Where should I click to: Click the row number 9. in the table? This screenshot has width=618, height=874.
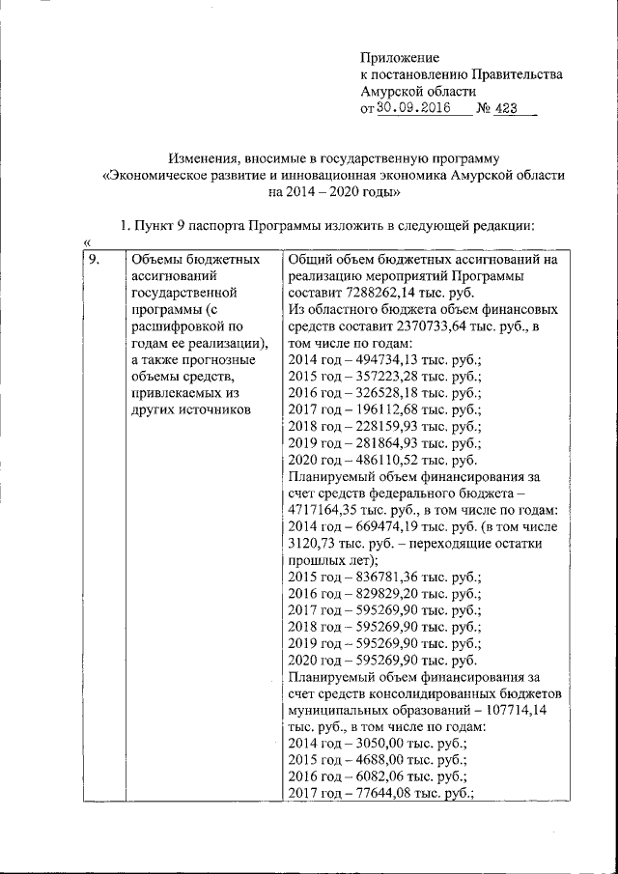coord(95,260)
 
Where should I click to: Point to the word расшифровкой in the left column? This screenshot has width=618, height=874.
coord(173,325)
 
